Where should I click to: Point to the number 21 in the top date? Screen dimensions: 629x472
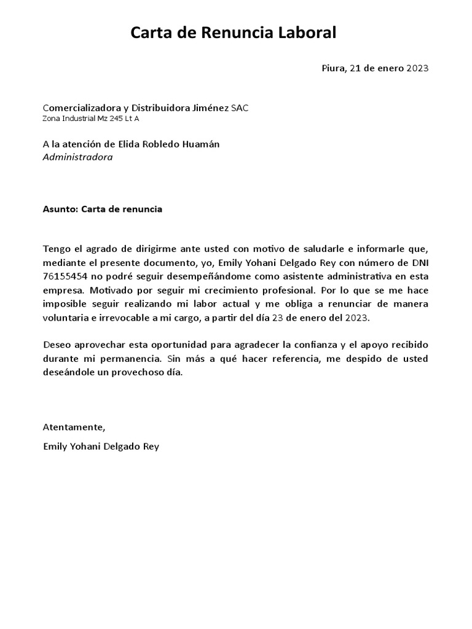(x=354, y=68)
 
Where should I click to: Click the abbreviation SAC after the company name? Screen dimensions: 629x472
(x=240, y=108)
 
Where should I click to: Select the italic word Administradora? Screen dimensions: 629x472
(x=78, y=157)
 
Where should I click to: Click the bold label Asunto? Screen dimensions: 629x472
(x=61, y=209)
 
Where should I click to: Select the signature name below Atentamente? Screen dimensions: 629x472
(x=101, y=447)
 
